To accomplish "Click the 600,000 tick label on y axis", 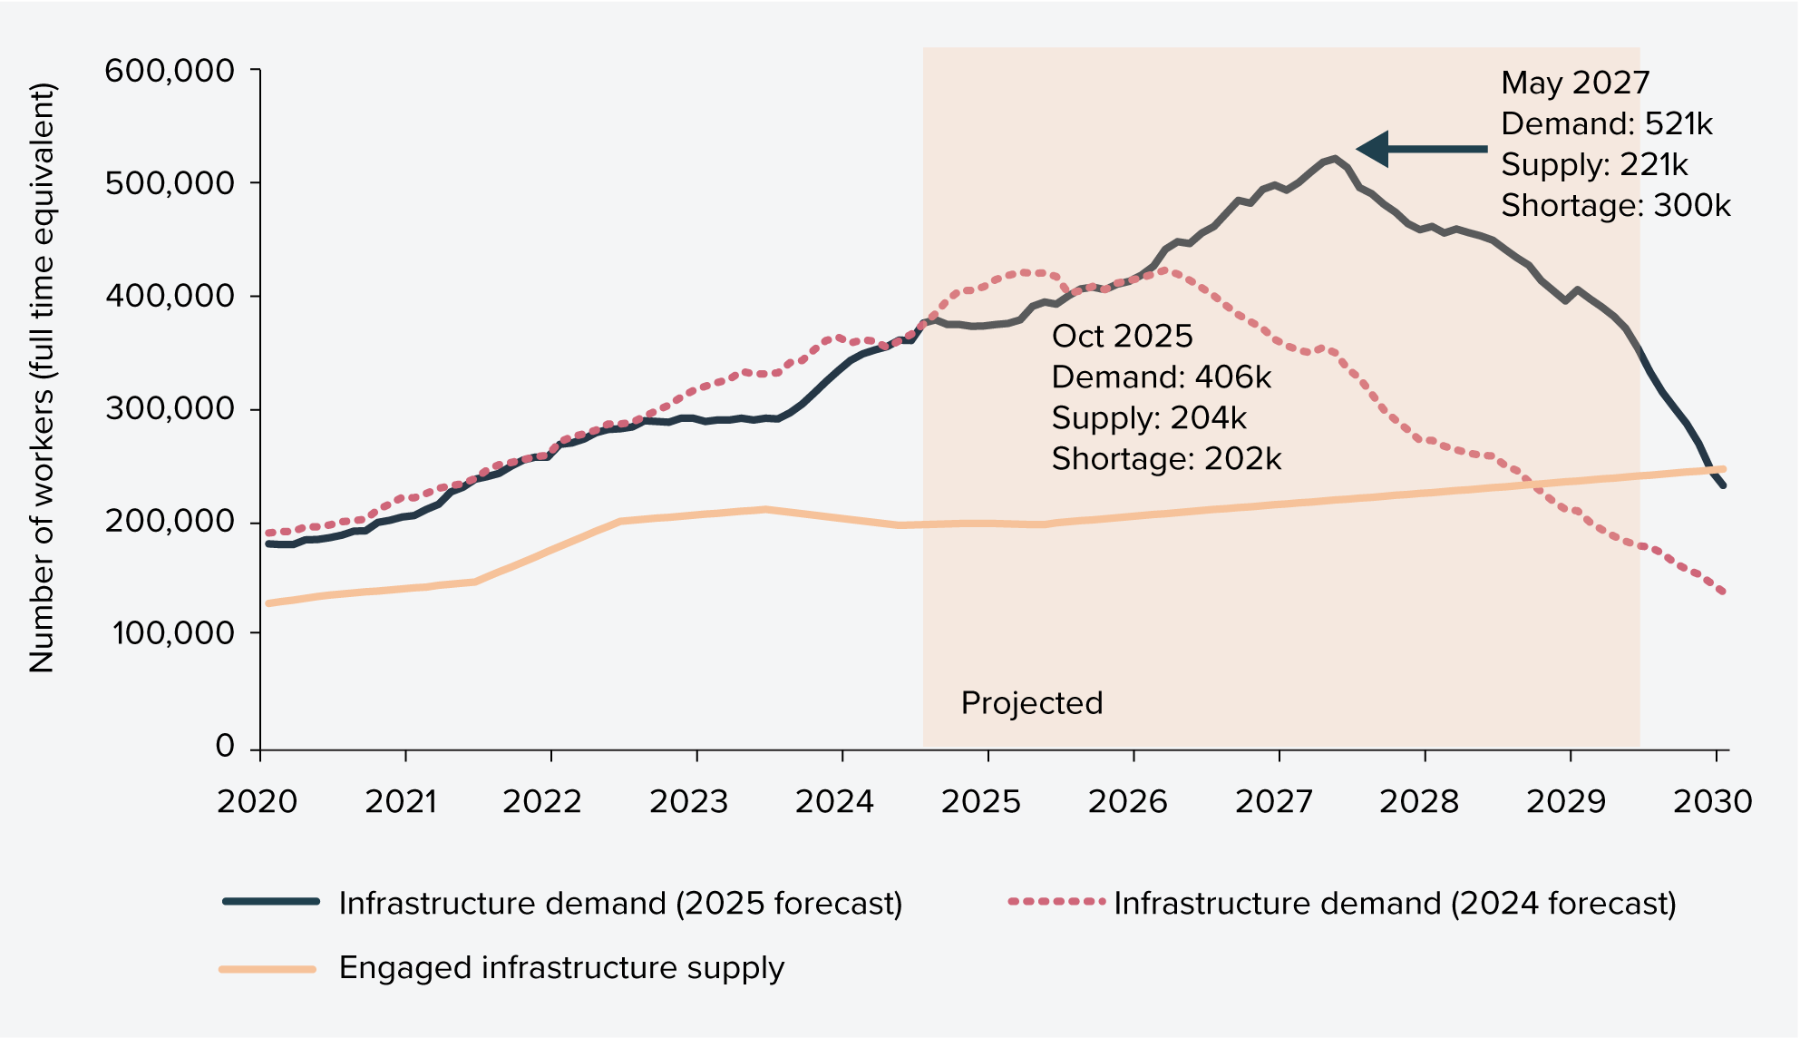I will [170, 71].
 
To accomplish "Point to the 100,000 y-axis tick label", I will [172, 633].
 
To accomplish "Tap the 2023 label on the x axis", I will [688, 801].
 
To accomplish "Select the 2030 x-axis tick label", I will [1712, 801].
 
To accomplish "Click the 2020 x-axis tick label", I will [257, 801].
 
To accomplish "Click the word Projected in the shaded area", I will [1031, 703].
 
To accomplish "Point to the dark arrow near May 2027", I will [1420, 149].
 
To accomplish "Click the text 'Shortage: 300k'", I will [1615, 206].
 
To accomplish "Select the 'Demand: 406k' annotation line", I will [1161, 377].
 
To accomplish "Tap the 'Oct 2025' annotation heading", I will [1122, 337].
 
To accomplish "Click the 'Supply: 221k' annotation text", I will [1594, 165].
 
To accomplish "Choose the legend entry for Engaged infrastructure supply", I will [560, 968].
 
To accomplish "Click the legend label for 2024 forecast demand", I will [1395, 904].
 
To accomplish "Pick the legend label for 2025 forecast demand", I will [620, 904].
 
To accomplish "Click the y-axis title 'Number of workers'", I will [42, 377].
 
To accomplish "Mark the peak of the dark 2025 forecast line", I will [1334, 159].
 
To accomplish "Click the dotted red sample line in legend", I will [1056, 902].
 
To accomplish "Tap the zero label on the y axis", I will [225, 746].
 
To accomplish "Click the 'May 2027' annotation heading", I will [1574, 83].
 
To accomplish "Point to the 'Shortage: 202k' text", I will [1166, 459].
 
